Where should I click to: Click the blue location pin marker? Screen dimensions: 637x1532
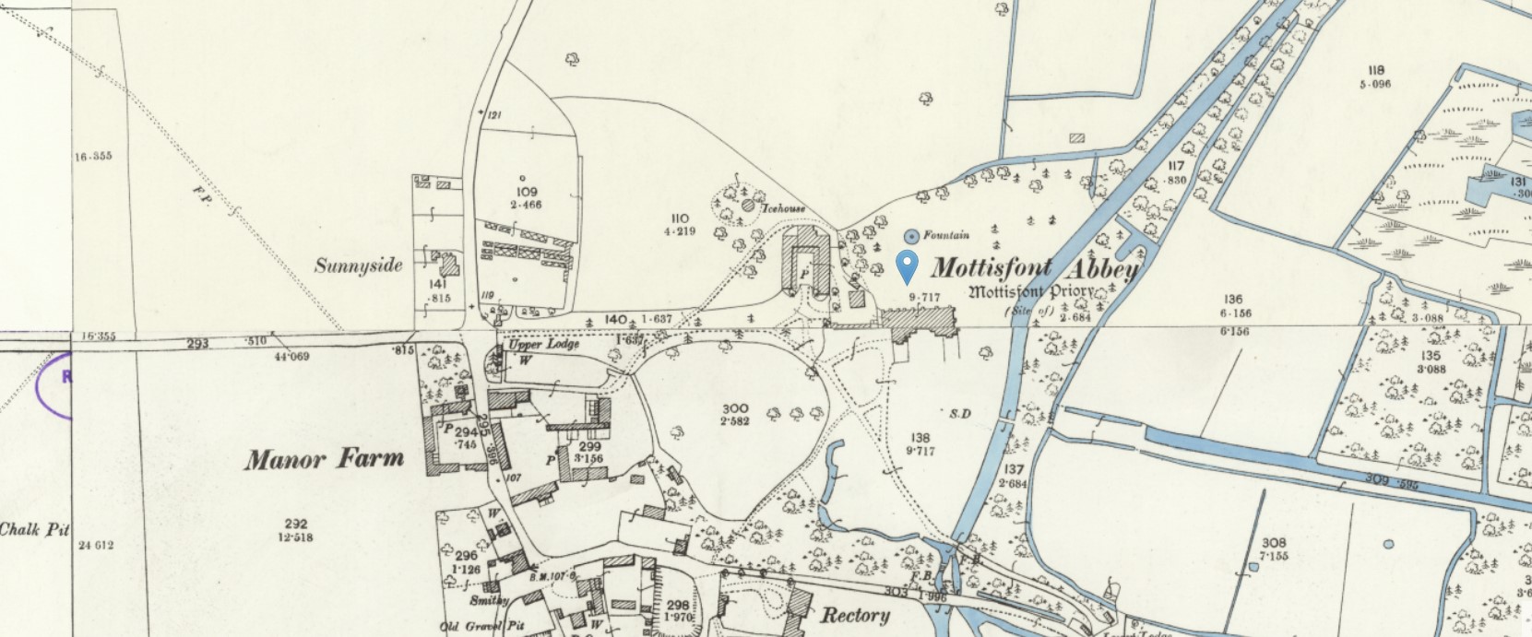click(x=908, y=265)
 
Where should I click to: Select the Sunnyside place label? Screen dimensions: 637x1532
click(x=359, y=266)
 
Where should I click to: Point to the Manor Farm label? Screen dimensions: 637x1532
click(x=324, y=459)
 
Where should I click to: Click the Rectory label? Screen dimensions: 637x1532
click(x=855, y=615)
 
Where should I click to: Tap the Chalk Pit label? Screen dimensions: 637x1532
click(x=34, y=530)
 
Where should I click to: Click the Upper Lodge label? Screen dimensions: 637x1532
click(x=543, y=345)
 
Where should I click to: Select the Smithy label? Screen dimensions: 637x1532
click(x=489, y=600)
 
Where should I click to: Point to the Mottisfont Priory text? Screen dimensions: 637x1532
click(x=1031, y=292)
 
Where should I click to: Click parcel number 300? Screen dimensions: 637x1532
click(x=735, y=408)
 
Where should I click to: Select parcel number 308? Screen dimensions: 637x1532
click(x=1274, y=543)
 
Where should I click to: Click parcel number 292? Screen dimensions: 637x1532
click(x=295, y=524)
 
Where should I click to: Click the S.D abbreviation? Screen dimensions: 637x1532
click(x=959, y=412)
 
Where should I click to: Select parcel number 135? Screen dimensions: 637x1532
click(x=1431, y=356)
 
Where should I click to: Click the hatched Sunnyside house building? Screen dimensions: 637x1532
click(x=450, y=265)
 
